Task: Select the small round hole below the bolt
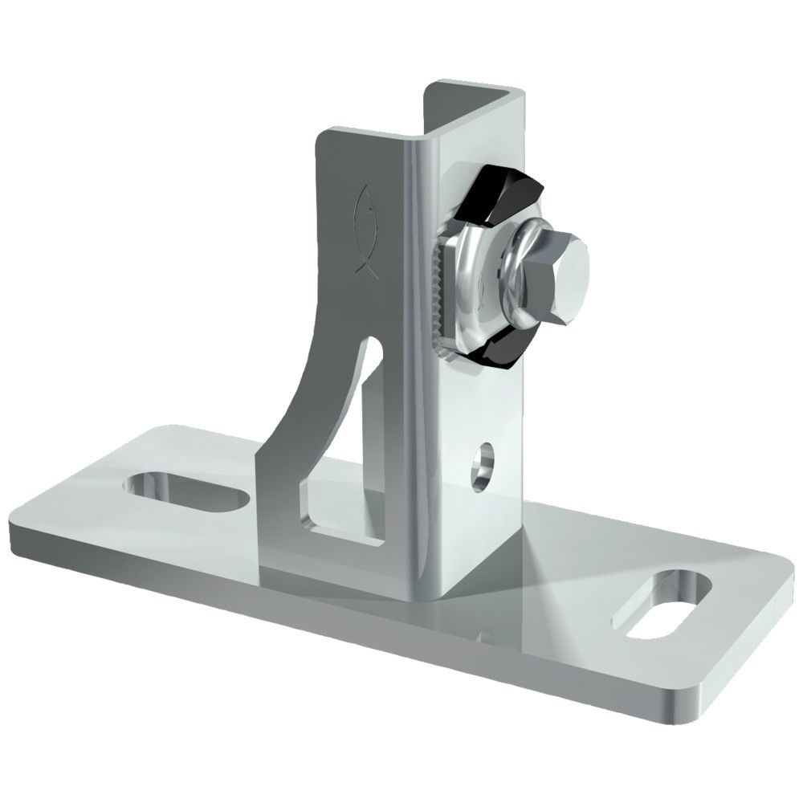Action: (x=483, y=461)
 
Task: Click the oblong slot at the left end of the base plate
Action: (x=186, y=489)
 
